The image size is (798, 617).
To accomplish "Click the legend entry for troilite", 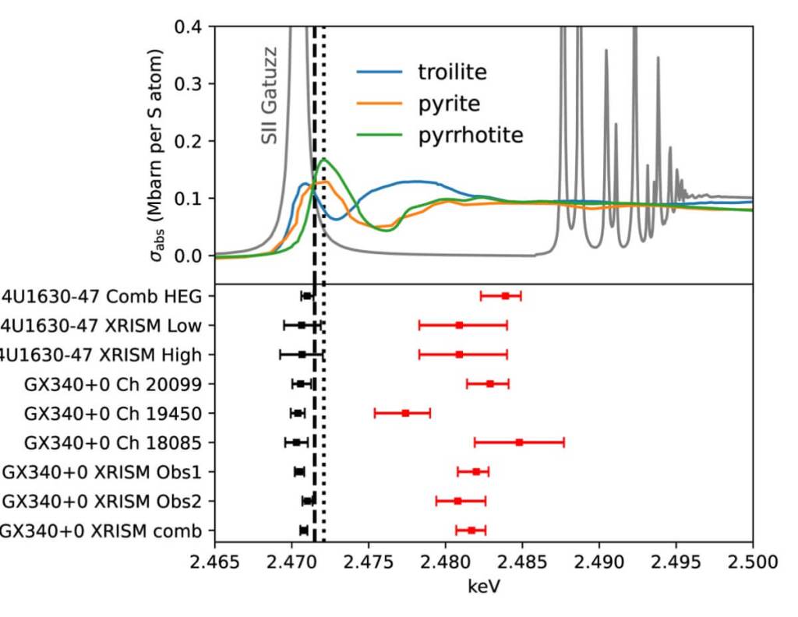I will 451,72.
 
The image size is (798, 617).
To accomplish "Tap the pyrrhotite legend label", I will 470,135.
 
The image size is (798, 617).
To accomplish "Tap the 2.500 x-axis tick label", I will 753,560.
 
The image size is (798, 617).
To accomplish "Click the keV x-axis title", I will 483,586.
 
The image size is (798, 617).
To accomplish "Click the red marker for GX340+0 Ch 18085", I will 519,442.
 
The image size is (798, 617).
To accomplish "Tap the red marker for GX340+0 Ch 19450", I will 405,413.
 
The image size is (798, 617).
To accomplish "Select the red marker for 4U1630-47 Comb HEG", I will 505,296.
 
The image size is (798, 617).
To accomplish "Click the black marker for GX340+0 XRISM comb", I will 303,531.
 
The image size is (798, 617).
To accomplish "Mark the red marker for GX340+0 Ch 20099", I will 489,383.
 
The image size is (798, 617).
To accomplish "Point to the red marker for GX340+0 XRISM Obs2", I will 457,501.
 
